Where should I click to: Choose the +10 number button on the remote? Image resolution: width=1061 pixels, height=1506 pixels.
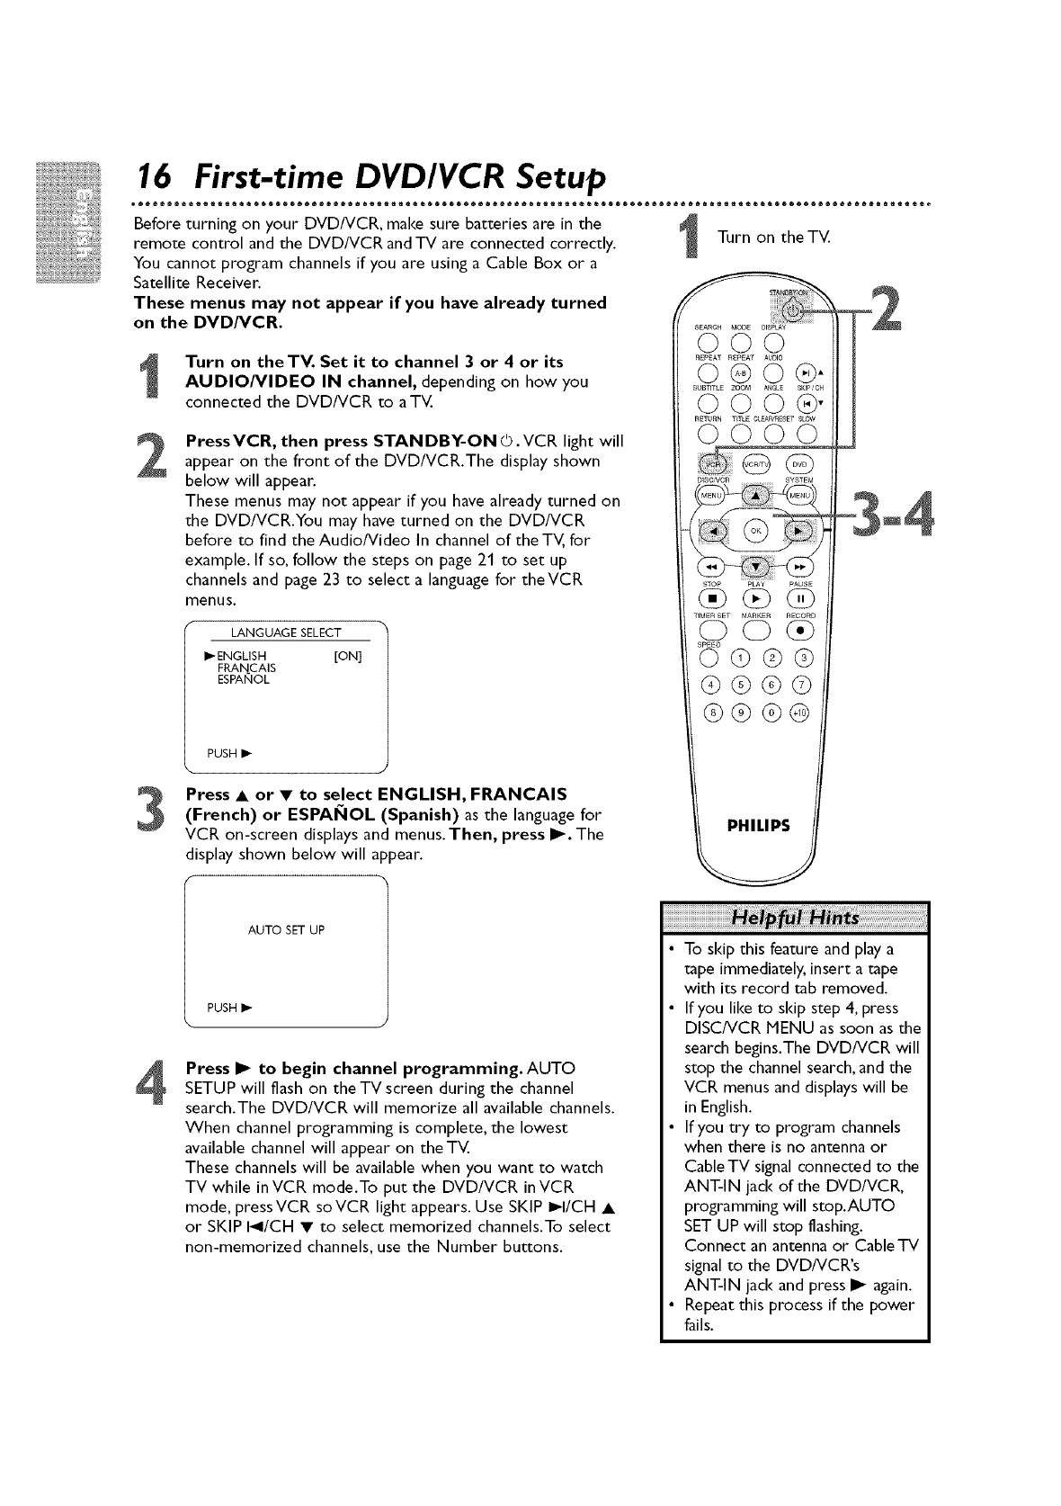tap(799, 714)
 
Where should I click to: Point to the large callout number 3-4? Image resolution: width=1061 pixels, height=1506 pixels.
tap(890, 520)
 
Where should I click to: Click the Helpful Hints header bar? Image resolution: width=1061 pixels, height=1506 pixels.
tap(795, 917)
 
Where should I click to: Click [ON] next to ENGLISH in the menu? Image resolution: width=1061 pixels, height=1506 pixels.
tap(347, 656)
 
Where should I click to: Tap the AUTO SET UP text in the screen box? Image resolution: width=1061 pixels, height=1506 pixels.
tap(286, 929)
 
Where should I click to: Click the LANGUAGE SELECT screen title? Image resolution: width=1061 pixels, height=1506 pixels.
tap(286, 633)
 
